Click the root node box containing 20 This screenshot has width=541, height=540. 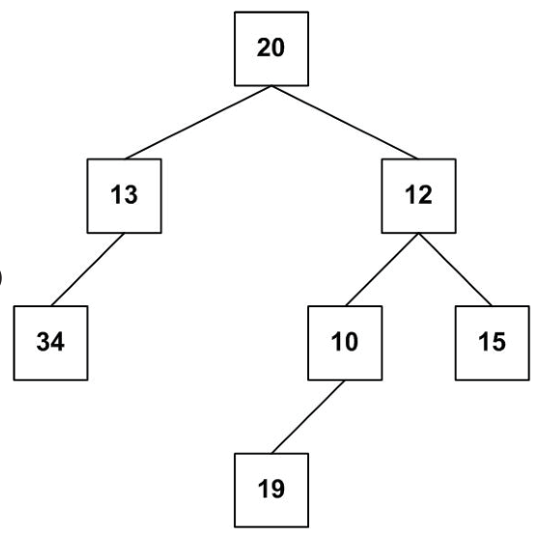click(271, 48)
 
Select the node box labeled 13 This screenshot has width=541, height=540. click(125, 196)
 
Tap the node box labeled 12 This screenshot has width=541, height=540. click(419, 196)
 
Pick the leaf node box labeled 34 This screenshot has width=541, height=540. click(50, 343)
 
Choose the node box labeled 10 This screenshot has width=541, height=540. click(345, 343)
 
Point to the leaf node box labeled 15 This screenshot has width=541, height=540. click(493, 343)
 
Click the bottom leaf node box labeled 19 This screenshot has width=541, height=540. click(271, 491)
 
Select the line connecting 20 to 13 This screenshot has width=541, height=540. click(198, 122)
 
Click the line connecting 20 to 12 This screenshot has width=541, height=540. click(345, 122)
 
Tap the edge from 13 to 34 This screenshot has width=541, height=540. click(88, 270)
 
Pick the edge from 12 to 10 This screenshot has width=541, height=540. click(382, 270)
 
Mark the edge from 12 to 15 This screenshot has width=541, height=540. click(455, 270)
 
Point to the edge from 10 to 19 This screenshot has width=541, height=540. click(308, 416)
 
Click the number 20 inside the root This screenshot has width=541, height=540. click(270, 47)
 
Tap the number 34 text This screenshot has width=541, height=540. click(50, 342)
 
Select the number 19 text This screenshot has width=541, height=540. click(271, 489)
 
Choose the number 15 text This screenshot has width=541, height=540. click(492, 342)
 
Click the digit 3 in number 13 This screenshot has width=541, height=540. click(131, 194)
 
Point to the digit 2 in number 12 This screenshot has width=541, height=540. click(425, 194)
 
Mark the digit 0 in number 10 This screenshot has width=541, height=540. click(352, 342)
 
